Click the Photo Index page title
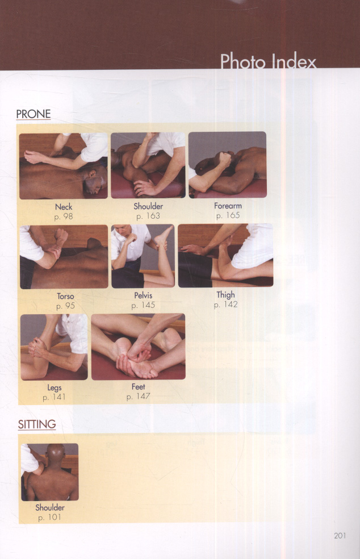coord(268,61)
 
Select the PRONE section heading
coord(34,114)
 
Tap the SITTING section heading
coord(37,424)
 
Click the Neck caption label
coord(64,207)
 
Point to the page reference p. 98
coord(64,216)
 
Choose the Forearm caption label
coord(228,206)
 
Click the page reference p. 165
coord(228,215)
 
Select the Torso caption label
coord(66,296)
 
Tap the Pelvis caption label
coord(143,295)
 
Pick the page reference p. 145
coord(143,305)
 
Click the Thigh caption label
coord(225,295)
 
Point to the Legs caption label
coord(55,388)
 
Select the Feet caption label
coord(139,387)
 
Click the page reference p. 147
coord(139,397)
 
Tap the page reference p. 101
coord(49,518)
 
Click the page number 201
coord(340,536)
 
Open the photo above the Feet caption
coord(139,347)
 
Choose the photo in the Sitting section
coord(49,472)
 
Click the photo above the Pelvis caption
coord(143,256)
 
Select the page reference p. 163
coord(148,216)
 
